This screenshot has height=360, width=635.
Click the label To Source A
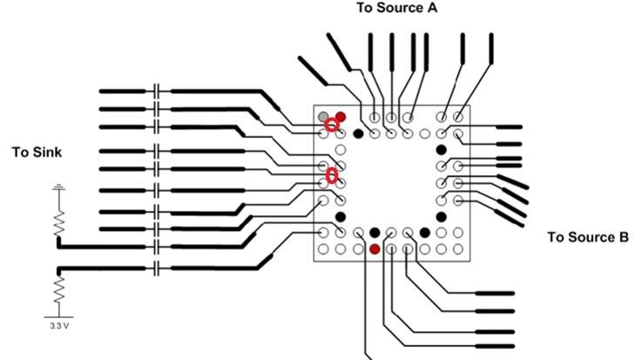(x=396, y=8)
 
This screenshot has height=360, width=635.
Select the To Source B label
(x=587, y=236)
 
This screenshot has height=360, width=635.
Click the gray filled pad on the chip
(x=324, y=116)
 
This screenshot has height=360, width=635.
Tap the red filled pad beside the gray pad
(x=341, y=116)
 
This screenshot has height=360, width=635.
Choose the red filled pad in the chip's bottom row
(x=375, y=249)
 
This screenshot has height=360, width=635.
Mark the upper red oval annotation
(x=331, y=126)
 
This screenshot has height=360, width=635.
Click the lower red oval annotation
(x=331, y=176)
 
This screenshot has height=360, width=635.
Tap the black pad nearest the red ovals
(x=358, y=133)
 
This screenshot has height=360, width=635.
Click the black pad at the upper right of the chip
(x=441, y=149)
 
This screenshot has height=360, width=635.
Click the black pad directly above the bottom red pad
(x=375, y=233)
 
